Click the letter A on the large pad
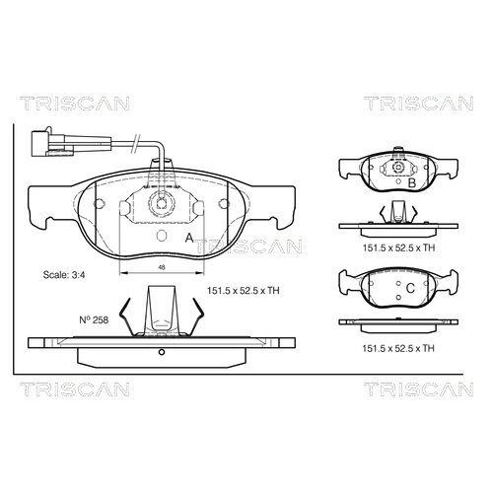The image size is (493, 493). point(189,238)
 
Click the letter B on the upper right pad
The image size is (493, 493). point(411,183)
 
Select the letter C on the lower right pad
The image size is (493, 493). point(410,288)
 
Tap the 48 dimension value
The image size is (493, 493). point(162,267)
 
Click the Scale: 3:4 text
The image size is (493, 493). point(64,274)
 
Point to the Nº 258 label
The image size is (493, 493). point(94,319)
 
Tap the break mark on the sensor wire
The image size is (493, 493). point(135,143)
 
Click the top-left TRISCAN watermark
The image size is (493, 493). point(74,104)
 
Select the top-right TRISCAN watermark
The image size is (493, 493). point(418,104)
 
